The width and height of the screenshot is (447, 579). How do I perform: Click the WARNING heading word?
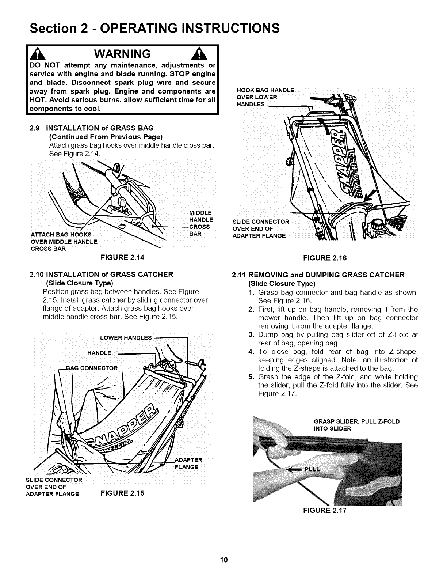123,54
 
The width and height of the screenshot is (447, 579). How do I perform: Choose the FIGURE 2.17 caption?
325,510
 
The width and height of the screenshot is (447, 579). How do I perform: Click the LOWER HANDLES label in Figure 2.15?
126,337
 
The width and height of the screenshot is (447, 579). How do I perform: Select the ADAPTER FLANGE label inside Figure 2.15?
187,463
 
